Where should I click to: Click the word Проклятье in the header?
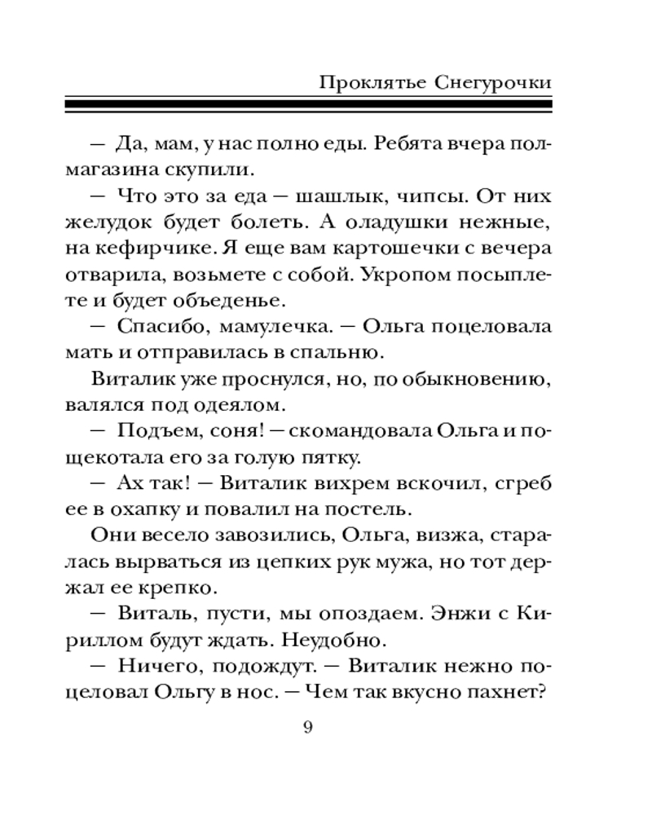click(362, 82)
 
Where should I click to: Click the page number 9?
click(307, 728)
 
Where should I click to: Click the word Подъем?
click(156, 430)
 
